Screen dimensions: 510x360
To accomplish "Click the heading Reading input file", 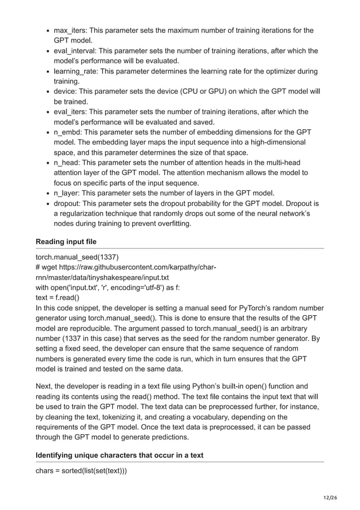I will click(66, 242).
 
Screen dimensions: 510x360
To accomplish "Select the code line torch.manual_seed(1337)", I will click(77, 257).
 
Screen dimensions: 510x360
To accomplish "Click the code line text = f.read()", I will click(58, 298).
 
